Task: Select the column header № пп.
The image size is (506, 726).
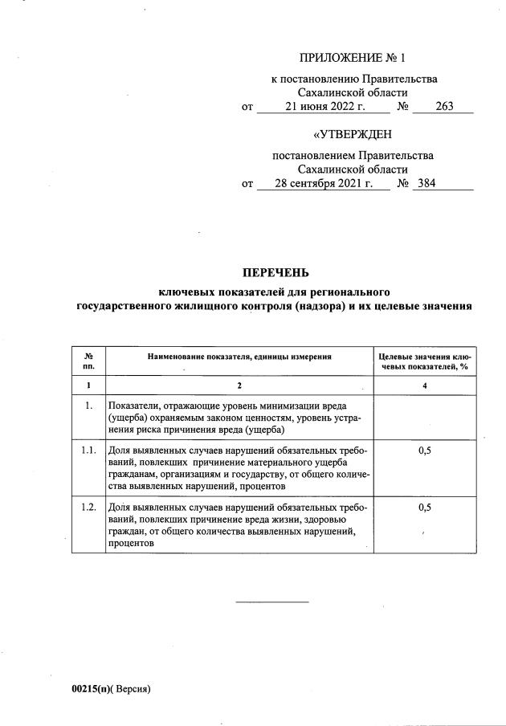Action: click(x=88, y=359)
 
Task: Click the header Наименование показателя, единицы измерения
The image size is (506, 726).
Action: click(x=239, y=355)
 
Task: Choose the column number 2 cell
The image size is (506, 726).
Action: click(x=239, y=387)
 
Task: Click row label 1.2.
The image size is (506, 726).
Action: click(x=88, y=508)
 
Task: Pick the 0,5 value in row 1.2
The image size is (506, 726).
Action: click(x=425, y=508)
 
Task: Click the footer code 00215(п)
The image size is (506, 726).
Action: click(x=92, y=689)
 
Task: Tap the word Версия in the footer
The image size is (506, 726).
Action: click(x=132, y=689)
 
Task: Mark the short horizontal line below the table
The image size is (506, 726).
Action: click(x=271, y=602)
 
